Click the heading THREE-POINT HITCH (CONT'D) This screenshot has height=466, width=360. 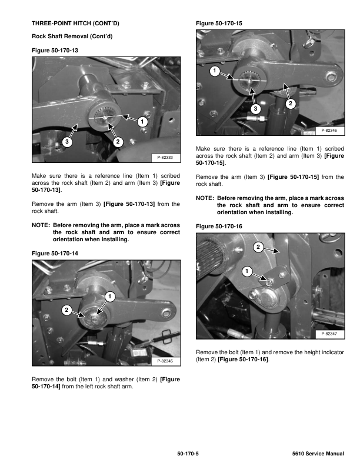[x=75, y=24]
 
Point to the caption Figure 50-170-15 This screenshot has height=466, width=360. [x=219, y=24]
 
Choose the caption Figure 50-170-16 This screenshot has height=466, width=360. [x=219, y=226]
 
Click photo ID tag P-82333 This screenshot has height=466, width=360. [x=166, y=158]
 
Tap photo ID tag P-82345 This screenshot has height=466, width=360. [x=166, y=360]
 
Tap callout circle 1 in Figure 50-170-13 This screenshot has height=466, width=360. [x=142, y=122]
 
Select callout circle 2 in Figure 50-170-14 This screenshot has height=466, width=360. [x=66, y=309]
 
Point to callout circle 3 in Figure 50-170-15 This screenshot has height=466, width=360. [x=255, y=109]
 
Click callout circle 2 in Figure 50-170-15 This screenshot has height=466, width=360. [x=290, y=104]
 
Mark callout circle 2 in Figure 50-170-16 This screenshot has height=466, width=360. [x=257, y=247]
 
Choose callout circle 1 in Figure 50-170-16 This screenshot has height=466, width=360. [x=246, y=271]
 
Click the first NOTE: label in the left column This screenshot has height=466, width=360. [x=41, y=225]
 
